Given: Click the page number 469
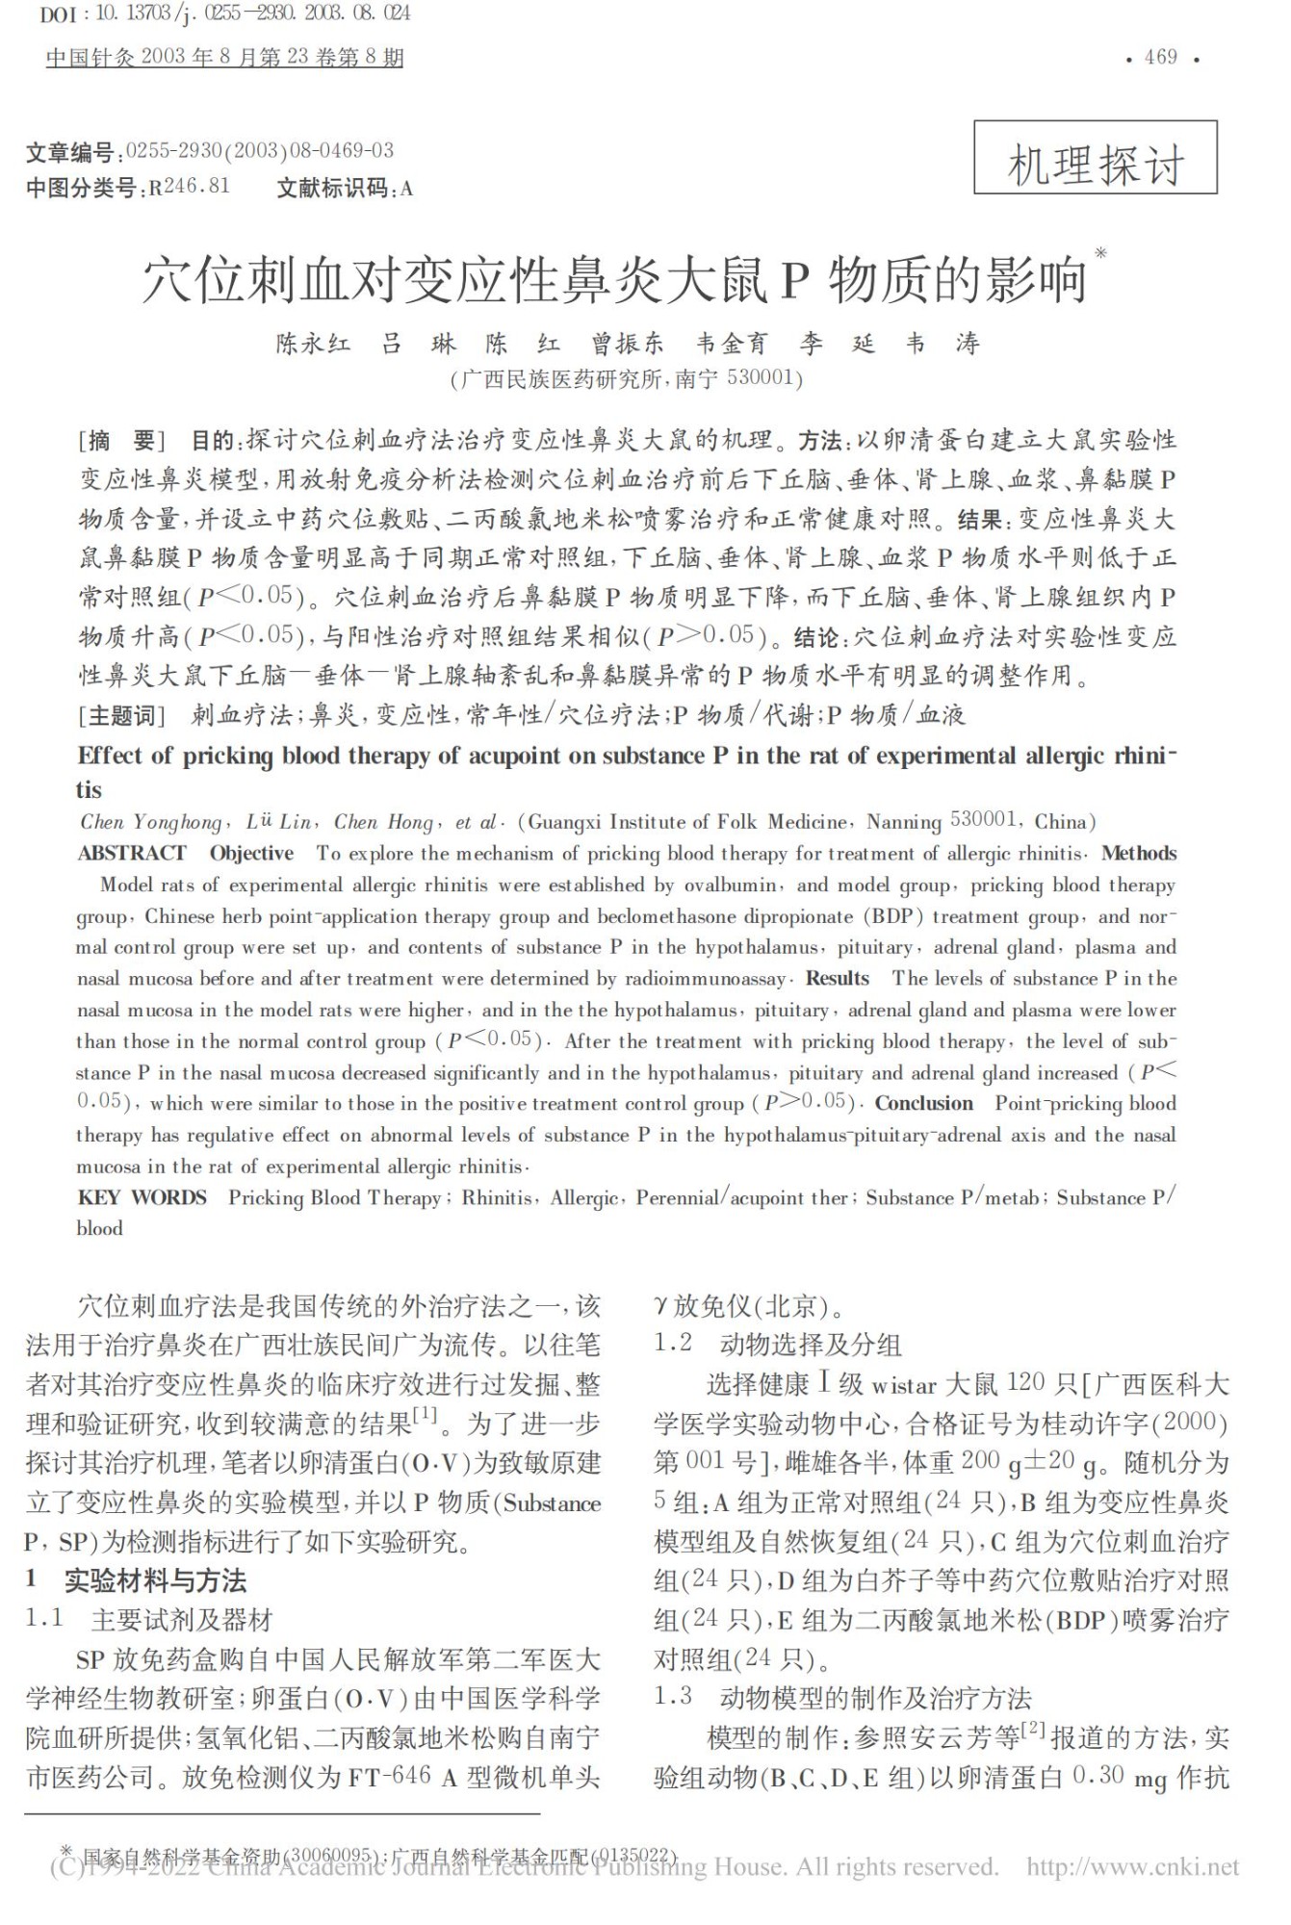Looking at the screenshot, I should pyautogui.click(x=1160, y=58).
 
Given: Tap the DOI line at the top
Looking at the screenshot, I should pyautogui.click(x=225, y=13).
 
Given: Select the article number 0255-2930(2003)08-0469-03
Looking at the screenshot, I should pyautogui.click(x=260, y=150).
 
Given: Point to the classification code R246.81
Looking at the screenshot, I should pyautogui.click(x=189, y=187).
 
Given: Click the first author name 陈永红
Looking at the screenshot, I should pyautogui.click(x=313, y=344).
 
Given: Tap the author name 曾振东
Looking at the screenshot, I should pyautogui.click(x=627, y=344).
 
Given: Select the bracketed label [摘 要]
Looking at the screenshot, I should pyautogui.click(x=121, y=441).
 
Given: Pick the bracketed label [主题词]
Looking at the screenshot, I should pyautogui.click(x=121, y=714).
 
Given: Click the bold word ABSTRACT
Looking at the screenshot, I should pyautogui.click(x=132, y=853).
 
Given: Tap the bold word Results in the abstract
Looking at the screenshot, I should pyautogui.click(x=837, y=978).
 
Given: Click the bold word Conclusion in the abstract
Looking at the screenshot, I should pyautogui.click(x=923, y=1103).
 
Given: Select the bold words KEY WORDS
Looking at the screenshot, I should pyautogui.click(x=142, y=1197).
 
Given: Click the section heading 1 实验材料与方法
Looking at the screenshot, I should pyautogui.click(x=137, y=1580).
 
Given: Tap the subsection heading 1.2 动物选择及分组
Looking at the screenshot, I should pyautogui.click(x=778, y=1344).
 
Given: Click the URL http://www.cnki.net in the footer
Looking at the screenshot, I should pyautogui.click(x=1132, y=1867).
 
